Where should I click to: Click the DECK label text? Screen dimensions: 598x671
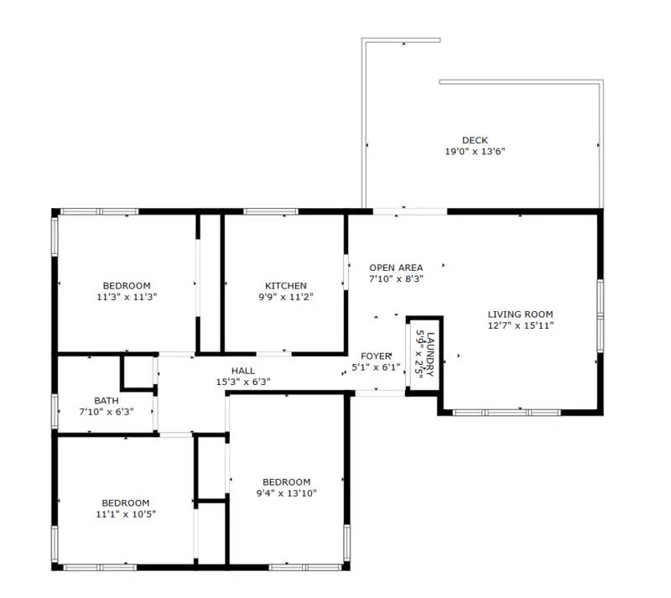(x=474, y=140)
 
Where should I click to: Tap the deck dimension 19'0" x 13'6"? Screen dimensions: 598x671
(x=474, y=152)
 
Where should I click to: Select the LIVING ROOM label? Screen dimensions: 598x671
(x=520, y=315)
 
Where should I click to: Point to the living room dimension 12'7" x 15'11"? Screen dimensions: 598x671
(x=520, y=325)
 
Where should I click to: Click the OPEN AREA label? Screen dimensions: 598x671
(x=396, y=268)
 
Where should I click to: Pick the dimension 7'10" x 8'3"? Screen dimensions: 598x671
(x=396, y=278)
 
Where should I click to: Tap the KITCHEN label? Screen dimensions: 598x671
(x=285, y=286)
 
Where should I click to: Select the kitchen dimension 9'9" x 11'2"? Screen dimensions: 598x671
(x=285, y=297)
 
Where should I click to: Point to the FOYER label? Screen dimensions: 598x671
(x=377, y=356)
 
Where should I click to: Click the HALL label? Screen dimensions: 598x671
(x=243, y=371)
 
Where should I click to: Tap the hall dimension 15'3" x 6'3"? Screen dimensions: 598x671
(x=243, y=382)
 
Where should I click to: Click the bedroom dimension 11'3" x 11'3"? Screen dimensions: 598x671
(x=127, y=297)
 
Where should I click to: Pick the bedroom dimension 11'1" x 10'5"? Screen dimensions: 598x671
(x=126, y=514)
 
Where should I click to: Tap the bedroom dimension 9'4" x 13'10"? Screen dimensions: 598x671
(x=286, y=493)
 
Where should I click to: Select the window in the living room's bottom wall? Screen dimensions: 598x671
(x=506, y=412)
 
